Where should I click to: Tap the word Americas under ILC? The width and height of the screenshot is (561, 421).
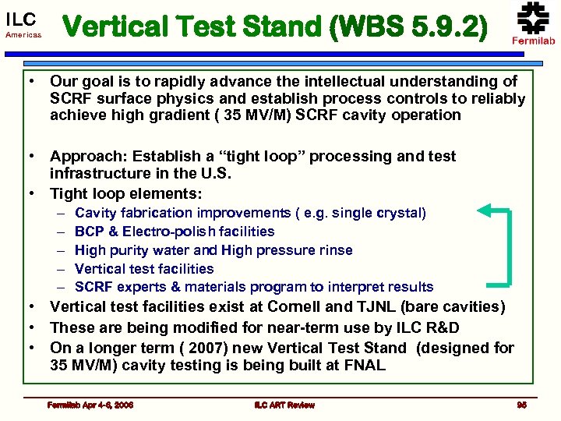[x=22, y=36]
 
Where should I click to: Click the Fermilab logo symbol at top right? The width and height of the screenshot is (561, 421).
[x=533, y=18]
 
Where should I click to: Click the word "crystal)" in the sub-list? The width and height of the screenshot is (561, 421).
[x=402, y=213]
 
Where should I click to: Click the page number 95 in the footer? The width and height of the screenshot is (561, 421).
[x=521, y=405]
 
